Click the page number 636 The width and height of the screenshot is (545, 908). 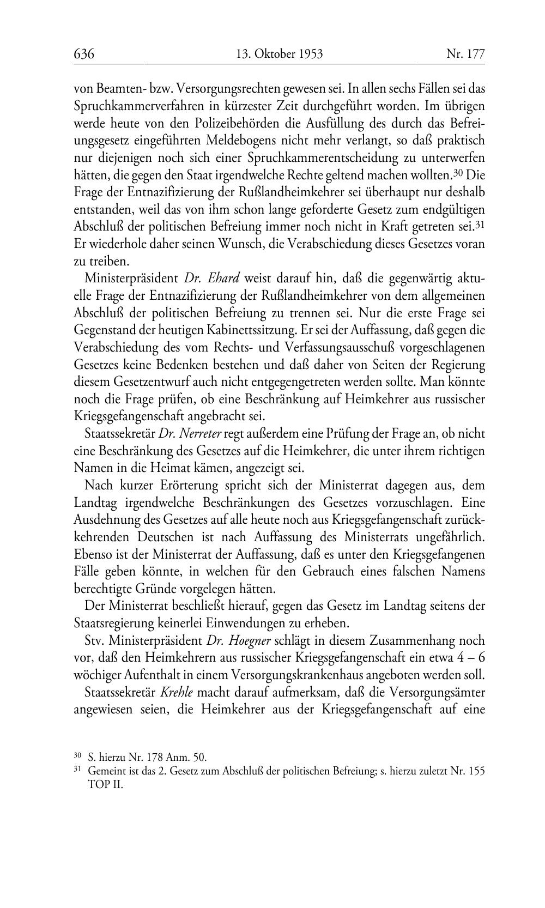84,54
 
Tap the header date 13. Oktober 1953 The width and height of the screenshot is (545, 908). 280,54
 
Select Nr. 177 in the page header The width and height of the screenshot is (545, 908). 465,54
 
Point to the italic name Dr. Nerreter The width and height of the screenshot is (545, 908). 190,434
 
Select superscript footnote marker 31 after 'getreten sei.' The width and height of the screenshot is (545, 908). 480,225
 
